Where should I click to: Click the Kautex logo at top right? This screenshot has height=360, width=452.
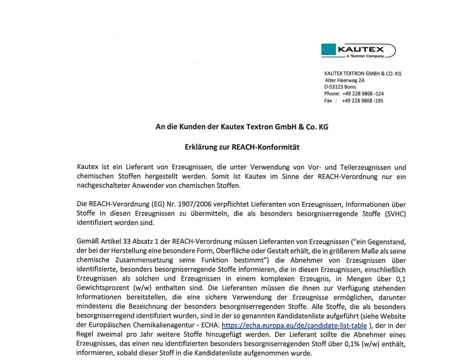tap(358, 50)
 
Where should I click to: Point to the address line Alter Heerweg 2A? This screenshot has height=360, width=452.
tap(345, 80)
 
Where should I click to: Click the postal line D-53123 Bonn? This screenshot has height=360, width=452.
tap(340, 87)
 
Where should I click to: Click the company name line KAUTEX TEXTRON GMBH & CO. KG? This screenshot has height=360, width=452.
tap(362, 74)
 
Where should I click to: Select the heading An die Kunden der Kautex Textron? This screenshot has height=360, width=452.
tap(242, 127)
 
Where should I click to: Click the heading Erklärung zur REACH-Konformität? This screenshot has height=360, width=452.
tap(242, 147)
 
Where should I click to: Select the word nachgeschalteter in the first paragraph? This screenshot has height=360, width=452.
tap(103, 185)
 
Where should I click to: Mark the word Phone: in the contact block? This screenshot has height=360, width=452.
tap(332, 93)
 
